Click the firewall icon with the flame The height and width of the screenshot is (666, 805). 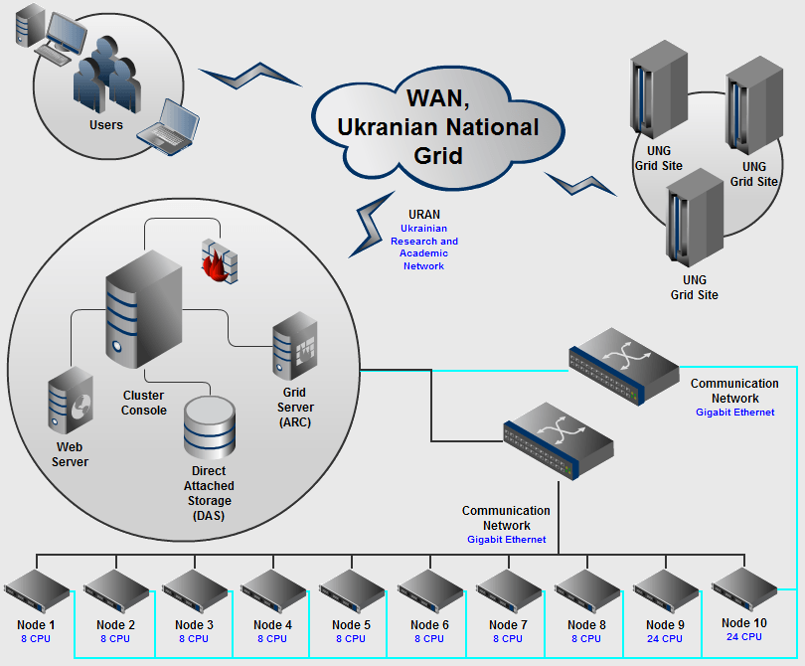pyautogui.click(x=220, y=260)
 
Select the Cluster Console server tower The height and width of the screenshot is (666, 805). pyautogui.click(x=143, y=308)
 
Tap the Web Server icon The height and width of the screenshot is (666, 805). pyautogui.click(x=71, y=406)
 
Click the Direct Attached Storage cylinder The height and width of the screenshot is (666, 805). pyautogui.click(x=210, y=428)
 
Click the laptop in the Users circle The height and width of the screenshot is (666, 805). pyautogui.click(x=167, y=123)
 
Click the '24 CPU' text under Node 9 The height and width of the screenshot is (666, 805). pyautogui.click(x=666, y=639)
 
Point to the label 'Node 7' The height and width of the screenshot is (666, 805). pyautogui.click(x=509, y=625)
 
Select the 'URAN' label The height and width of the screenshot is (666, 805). pyautogui.click(x=424, y=215)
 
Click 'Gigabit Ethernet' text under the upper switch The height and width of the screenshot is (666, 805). pyautogui.click(x=734, y=412)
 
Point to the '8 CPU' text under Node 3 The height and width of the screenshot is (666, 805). pyautogui.click(x=195, y=639)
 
